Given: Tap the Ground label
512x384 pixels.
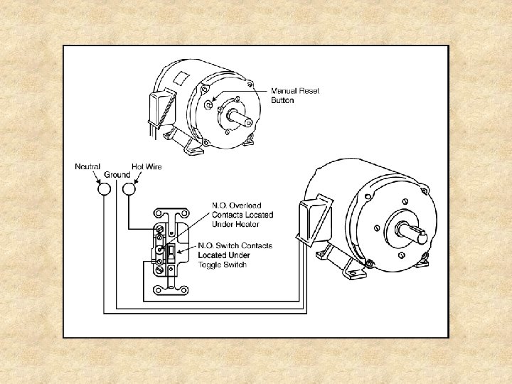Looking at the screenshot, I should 117,175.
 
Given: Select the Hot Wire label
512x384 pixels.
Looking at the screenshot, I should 146,167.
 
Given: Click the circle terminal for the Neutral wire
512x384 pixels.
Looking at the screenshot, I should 105,190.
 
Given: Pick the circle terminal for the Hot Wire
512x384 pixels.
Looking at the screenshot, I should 129,190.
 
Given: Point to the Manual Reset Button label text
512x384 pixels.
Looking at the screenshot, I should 292,95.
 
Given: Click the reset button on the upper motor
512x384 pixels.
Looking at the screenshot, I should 208,105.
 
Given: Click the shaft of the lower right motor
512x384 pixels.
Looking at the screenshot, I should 412,231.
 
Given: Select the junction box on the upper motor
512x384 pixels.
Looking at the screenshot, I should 160,107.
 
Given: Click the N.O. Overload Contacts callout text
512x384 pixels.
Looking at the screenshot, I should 242,215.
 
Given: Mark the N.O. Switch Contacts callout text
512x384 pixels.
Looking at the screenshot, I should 235,255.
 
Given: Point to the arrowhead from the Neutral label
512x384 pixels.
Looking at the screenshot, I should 99,179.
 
